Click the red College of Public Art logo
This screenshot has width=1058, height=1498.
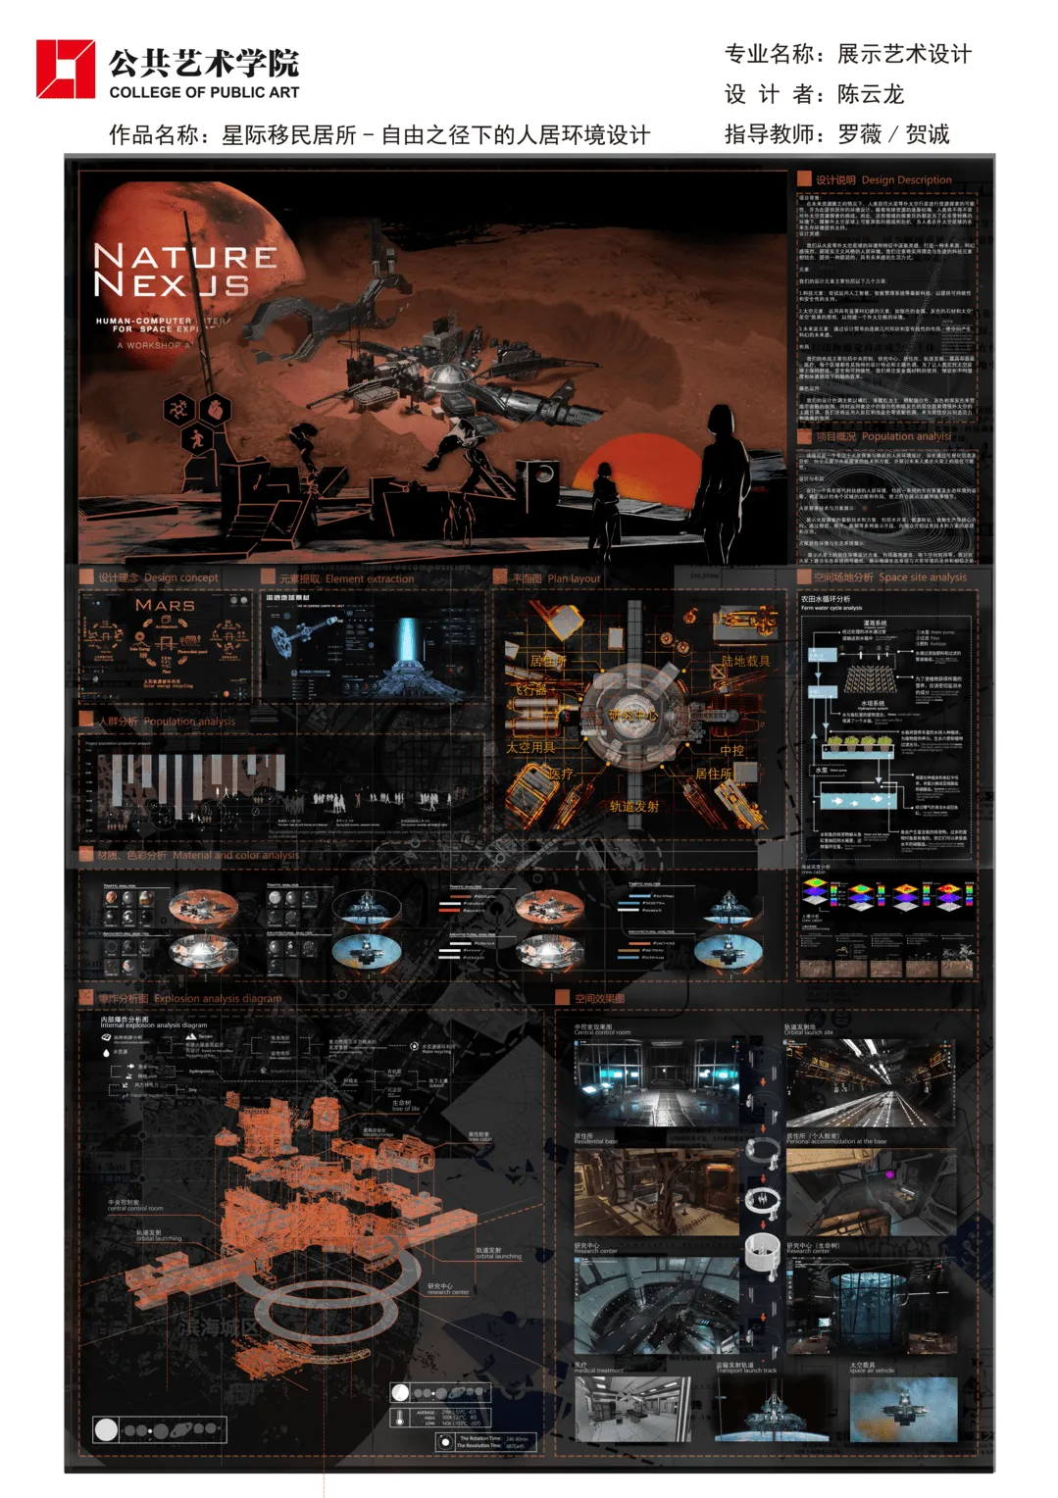(x=66, y=69)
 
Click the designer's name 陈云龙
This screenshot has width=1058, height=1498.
(x=870, y=95)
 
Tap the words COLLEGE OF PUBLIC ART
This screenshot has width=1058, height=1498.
(x=204, y=92)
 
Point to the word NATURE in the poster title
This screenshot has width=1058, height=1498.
(x=184, y=257)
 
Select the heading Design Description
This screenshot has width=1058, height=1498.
(x=906, y=180)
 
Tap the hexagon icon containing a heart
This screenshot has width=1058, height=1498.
(x=216, y=408)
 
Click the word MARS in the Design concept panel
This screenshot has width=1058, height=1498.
(x=165, y=606)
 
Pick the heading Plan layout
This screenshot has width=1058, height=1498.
(x=574, y=578)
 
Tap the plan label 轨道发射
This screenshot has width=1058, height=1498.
(x=633, y=807)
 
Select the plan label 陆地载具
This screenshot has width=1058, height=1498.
(x=745, y=662)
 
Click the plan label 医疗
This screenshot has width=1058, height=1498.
(x=561, y=774)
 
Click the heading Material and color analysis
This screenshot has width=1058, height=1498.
(x=235, y=856)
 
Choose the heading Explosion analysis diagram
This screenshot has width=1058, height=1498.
(x=218, y=999)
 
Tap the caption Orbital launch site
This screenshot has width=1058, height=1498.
(x=809, y=1032)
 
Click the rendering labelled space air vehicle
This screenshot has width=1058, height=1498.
(x=903, y=1410)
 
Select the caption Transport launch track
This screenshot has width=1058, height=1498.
(x=746, y=1371)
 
